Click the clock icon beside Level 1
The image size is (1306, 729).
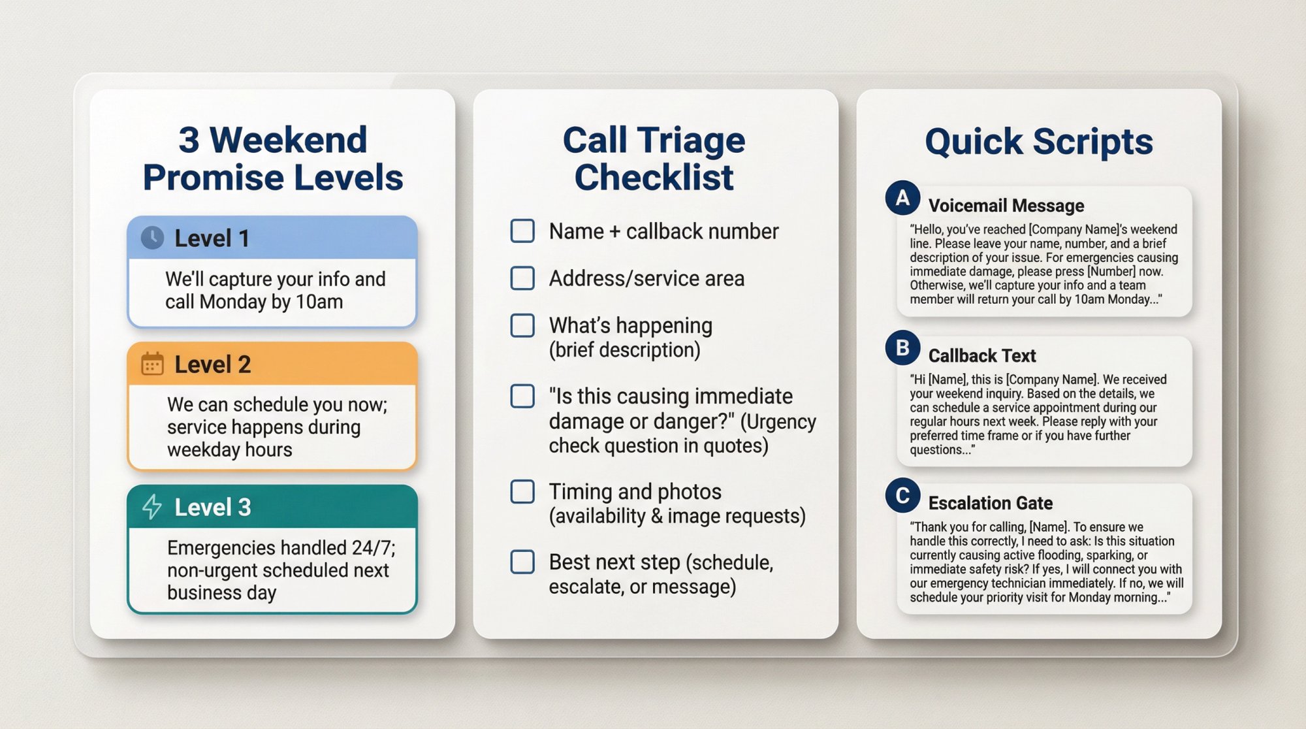click(x=152, y=238)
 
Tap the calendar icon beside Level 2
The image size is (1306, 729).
click(x=152, y=364)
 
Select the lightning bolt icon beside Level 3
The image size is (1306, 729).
click(x=152, y=507)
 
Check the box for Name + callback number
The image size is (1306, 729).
click(x=522, y=231)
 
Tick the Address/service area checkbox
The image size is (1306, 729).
click(x=522, y=278)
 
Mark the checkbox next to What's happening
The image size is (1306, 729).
click(x=522, y=325)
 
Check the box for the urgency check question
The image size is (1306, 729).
click(x=522, y=396)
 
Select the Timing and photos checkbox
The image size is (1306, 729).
click(x=522, y=491)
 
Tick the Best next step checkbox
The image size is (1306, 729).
click(x=522, y=562)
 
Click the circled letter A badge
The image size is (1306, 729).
click(x=902, y=197)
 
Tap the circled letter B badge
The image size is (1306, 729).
click(x=902, y=348)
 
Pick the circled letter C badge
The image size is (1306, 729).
click(x=902, y=495)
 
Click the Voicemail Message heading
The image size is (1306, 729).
click(x=1006, y=206)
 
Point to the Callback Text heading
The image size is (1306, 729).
click(x=981, y=356)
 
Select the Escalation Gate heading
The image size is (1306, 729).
click(x=990, y=503)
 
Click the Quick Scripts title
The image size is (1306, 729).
click(x=1039, y=142)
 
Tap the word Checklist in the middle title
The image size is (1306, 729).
click(x=654, y=178)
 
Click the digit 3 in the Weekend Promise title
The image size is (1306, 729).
click(x=189, y=140)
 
